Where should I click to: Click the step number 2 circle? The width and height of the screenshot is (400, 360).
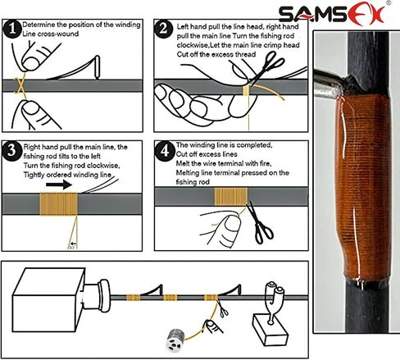pyautogui.click(x=164, y=30)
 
